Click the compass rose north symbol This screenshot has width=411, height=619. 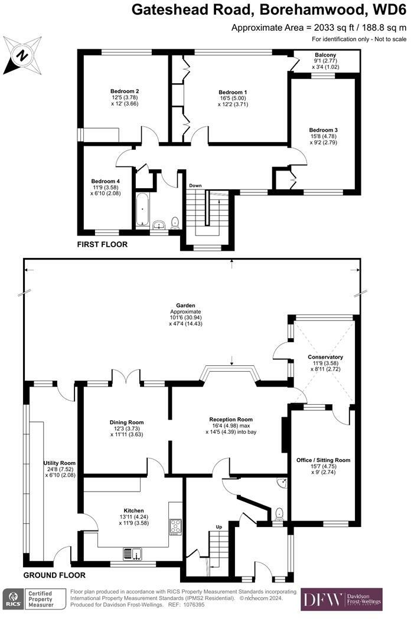pyautogui.click(x=22, y=55)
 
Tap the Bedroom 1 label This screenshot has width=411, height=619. pyautogui.click(x=233, y=93)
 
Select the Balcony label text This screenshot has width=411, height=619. pyautogui.click(x=325, y=55)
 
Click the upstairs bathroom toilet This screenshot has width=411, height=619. pyautogui.click(x=175, y=224)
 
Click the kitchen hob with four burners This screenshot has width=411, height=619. pyautogui.click(x=175, y=526)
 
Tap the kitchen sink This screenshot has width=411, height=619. pyautogui.click(x=132, y=554)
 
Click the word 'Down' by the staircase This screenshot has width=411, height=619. pyautogui.click(x=195, y=185)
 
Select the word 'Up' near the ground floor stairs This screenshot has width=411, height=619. pyautogui.click(x=219, y=526)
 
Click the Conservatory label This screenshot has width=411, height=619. pyautogui.click(x=325, y=357)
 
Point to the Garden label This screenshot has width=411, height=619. pyautogui.click(x=186, y=305)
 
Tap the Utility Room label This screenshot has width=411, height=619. pyautogui.click(x=59, y=463)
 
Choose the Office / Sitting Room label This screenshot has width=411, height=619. pyautogui.click(x=323, y=460)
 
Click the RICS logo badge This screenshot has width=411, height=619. pyautogui.click(x=14, y=599)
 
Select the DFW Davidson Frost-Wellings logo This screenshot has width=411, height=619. pyautogui.click(x=341, y=600)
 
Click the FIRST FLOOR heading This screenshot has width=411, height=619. pyautogui.click(x=102, y=244)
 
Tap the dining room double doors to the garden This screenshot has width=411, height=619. pyautogui.click(x=126, y=376)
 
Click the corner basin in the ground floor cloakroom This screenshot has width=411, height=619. pyautogui.click(x=282, y=483)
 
